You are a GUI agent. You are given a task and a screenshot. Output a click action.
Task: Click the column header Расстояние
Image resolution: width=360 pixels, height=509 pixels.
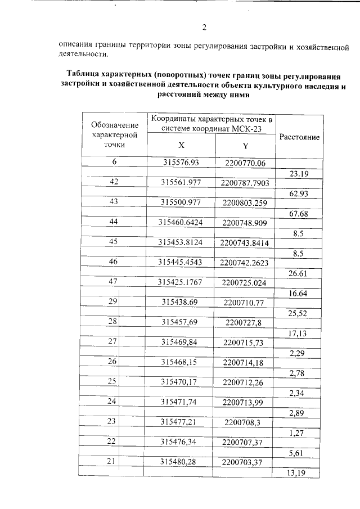300,137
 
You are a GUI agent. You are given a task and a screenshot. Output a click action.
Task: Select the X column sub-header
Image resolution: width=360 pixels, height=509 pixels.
181,145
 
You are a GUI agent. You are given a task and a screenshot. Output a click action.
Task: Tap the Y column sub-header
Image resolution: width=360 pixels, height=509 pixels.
245,146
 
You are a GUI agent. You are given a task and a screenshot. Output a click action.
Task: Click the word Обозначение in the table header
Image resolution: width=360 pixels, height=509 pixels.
115,124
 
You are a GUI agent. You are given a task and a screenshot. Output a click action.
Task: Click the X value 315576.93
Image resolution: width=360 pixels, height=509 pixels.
182,163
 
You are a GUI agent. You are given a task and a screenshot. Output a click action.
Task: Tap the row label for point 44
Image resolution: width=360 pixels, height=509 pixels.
114,222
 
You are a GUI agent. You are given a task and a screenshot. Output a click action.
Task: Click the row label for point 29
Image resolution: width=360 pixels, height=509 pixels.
112,302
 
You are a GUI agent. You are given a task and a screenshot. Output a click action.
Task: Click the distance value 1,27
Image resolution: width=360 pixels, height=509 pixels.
296,433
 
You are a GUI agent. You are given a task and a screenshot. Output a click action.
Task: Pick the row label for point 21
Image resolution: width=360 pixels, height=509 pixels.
111,461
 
